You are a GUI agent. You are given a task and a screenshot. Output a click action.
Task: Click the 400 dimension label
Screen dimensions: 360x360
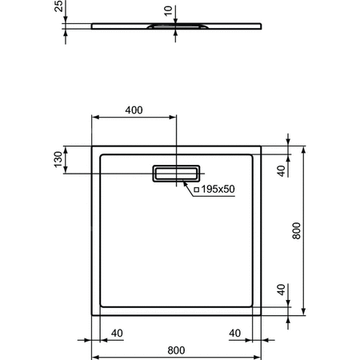[x=134, y=110]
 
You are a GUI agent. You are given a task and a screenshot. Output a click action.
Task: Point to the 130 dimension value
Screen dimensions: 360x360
[x=56, y=160]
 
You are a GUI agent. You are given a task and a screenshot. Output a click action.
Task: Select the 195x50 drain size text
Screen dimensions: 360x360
[x=218, y=190]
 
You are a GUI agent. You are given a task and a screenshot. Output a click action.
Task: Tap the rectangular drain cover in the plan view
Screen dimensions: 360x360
[x=176, y=174]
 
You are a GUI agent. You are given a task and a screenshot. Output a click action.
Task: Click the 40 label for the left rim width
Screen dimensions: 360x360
[x=116, y=332]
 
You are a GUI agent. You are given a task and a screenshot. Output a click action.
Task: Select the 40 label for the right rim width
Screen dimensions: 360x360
[x=235, y=332]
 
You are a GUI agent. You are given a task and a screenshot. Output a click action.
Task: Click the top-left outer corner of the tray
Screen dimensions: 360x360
[x=94, y=147]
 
